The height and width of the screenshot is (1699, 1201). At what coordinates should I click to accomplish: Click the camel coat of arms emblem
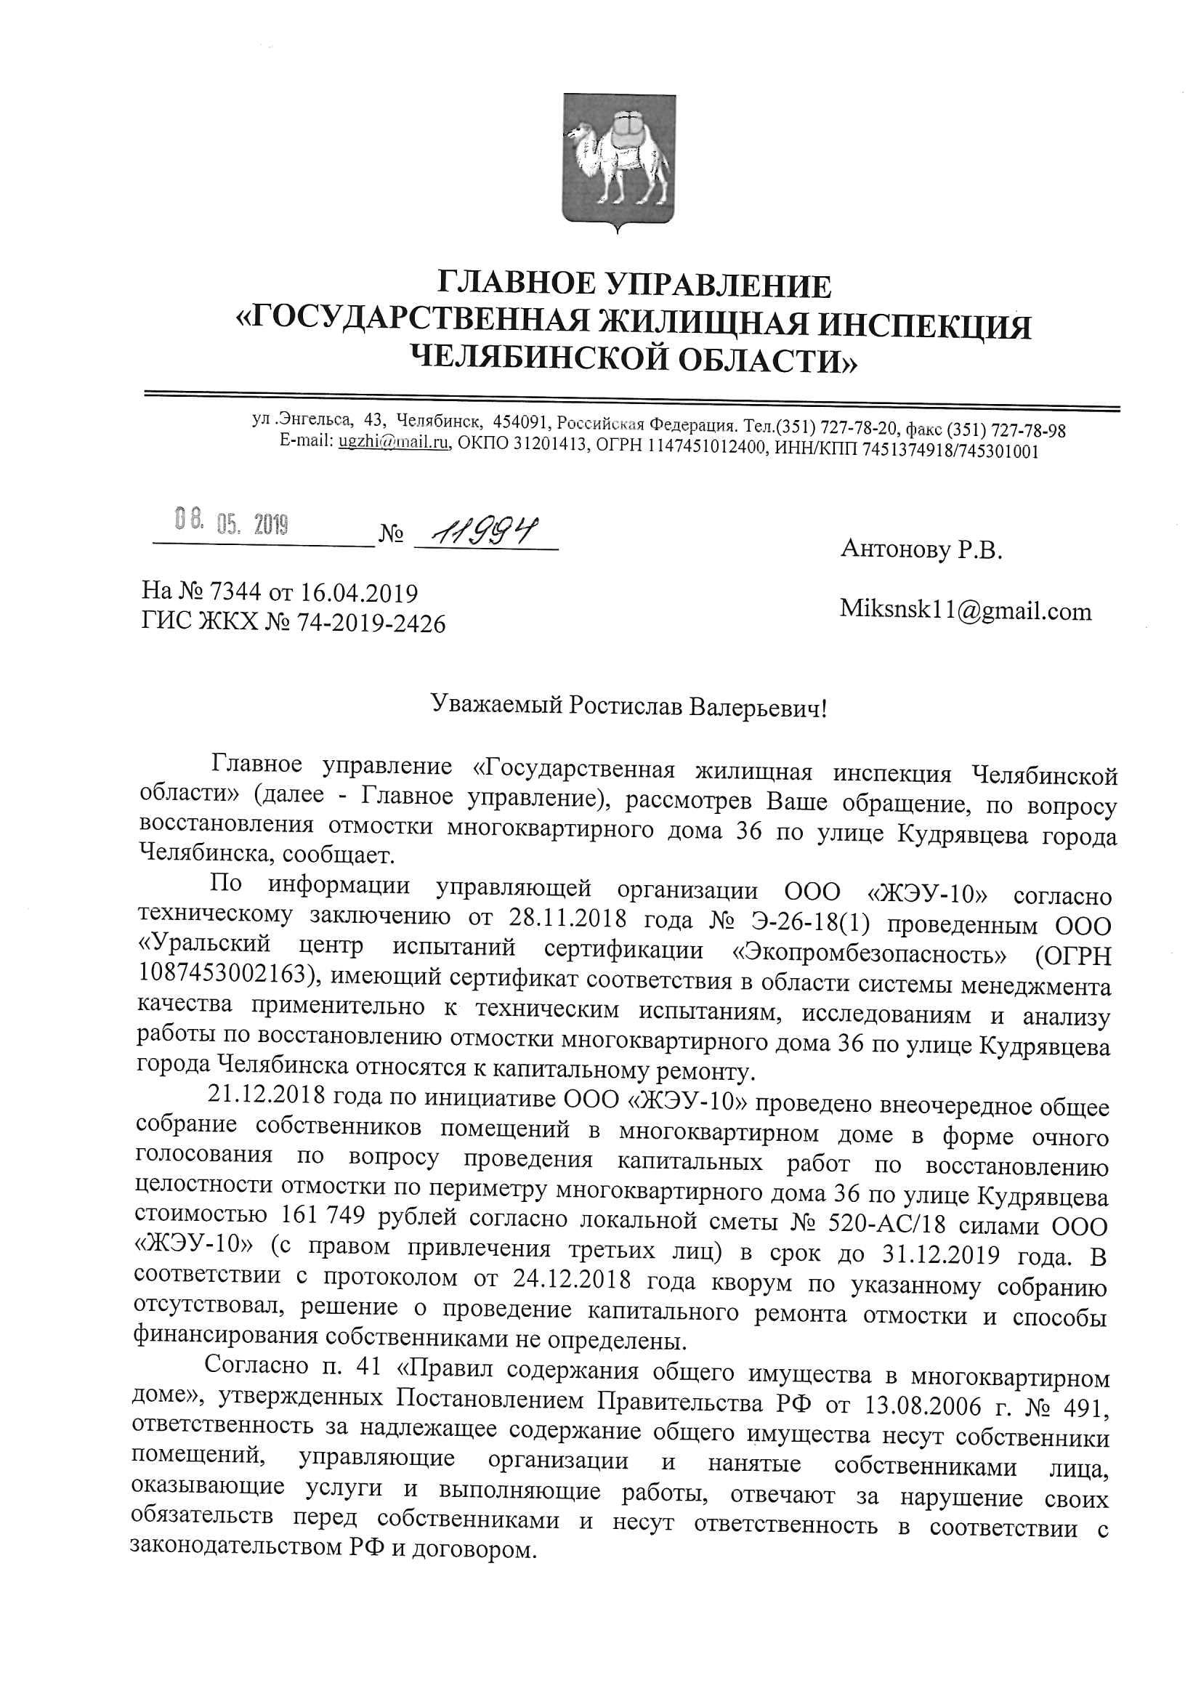click(618, 159)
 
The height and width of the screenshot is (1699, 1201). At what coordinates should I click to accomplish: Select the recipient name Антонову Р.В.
click(921, 549)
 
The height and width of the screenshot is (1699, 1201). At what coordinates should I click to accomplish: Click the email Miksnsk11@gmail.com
click(965, 610)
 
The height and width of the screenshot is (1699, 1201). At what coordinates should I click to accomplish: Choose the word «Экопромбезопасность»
click(869, 955)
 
